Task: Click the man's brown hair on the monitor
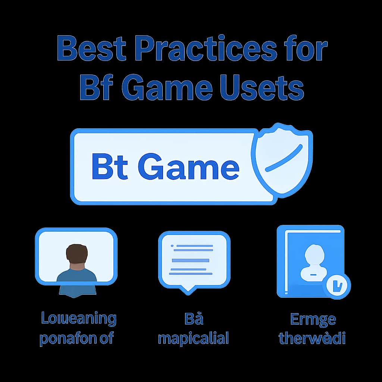77,253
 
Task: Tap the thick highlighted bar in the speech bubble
190,260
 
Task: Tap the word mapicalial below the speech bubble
193,339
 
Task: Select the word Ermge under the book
313,320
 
